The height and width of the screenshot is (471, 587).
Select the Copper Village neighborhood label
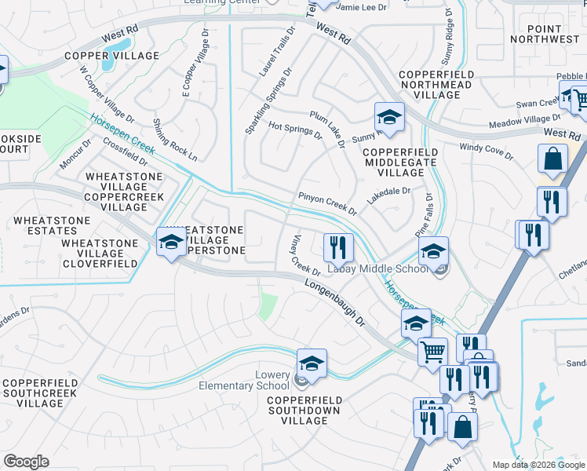click(111, 56)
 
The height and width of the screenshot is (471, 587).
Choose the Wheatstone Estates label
click(42, 231)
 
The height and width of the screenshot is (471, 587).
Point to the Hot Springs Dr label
click(296, 130)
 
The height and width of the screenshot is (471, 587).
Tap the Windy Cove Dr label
click(486, 152)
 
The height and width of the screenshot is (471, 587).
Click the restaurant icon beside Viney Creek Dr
click(337, 247)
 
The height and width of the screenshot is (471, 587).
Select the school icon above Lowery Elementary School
click(312, 363)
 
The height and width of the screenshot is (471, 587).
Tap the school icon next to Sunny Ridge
click(388, 117)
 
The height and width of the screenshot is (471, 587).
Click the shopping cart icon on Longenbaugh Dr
click(432, 352)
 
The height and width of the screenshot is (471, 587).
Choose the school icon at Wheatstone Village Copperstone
click(170, 243)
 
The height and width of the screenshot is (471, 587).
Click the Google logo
click(26, 462)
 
